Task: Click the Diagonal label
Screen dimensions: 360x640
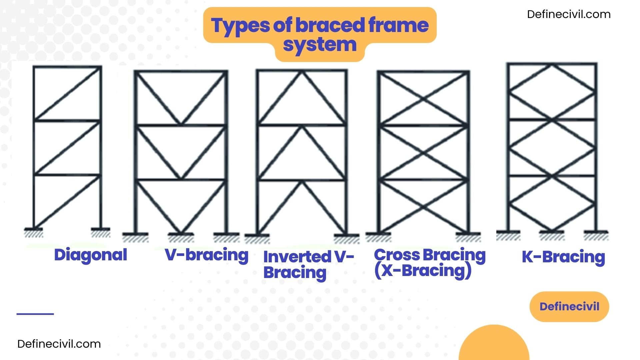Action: tap(90, 255)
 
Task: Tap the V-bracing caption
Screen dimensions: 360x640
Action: tap(207, 255)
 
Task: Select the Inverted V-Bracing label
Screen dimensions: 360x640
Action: tap(308, 264)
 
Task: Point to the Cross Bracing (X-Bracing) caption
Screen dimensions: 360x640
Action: tap(429, 263)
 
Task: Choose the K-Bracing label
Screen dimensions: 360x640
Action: tap(563, 257)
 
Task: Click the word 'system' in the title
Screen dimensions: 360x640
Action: tap(320, 45)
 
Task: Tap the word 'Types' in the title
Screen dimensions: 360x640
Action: tap(240, 25)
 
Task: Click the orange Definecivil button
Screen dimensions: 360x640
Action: tap(569, 306)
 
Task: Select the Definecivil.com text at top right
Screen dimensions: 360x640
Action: tap(569, 14)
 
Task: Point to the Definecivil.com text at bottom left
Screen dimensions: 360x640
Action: tap(59, 344)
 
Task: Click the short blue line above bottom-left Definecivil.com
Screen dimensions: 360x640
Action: tap(35, 314)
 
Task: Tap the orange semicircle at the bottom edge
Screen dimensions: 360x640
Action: tap(494, 343)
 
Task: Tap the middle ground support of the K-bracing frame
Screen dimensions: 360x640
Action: tap(552, 234)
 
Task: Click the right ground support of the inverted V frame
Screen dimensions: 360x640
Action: tap(346, 237)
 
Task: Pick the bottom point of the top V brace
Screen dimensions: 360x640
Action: tap(181, 124)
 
